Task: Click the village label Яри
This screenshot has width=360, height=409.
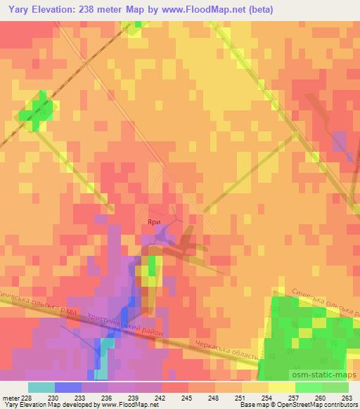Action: click(154, 221)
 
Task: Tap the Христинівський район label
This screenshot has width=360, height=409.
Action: click(126, 325)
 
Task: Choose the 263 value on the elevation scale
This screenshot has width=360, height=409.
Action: click(347, 398)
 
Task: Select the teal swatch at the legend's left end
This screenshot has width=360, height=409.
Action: click(41, 387)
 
